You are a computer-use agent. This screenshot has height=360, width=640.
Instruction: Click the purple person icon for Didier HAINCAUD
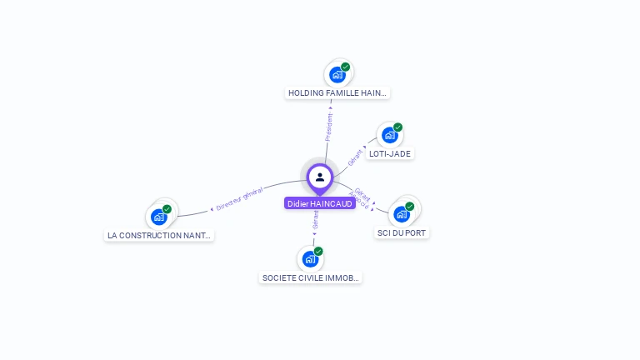(x=320, y=177)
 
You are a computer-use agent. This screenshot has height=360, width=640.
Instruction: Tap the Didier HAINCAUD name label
(x=320, y=203)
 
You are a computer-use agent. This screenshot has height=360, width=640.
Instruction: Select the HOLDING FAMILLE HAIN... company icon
(x=337, y=75)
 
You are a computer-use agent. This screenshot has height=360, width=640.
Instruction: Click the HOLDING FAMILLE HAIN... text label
(x=337, y=93)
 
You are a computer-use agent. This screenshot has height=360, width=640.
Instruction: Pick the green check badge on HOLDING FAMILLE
(x=345, y=67)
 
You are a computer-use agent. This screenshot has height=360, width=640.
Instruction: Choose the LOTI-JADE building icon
(x=389, y=135)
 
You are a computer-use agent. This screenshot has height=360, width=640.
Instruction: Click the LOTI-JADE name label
(x=391, y=154)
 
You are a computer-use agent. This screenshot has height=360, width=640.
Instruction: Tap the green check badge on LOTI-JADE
(x=397, y=127)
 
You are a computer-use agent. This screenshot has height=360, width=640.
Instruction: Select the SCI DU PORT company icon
(x=402, y=214)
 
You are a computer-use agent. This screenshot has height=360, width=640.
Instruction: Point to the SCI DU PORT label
(x=402, y=232)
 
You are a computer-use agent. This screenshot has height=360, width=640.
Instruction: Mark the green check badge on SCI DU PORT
(x=409, y=207)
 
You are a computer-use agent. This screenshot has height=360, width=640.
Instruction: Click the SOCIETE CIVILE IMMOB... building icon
(x=311, y=259)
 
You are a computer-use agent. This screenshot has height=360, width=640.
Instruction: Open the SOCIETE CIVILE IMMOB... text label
(x=311, y=277)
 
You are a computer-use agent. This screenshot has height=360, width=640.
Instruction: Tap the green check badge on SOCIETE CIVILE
(x=318, y=252)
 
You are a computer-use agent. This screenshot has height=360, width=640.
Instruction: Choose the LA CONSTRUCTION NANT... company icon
(x=159, y=217)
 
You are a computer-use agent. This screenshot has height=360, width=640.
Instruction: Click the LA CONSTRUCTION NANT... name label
(x=159, y=236)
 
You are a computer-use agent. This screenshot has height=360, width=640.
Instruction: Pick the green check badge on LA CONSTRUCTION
(x=167, y=209)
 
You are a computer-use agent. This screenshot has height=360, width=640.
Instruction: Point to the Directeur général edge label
(x=239, y=198)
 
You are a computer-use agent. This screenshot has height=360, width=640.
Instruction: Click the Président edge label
(x=328, y=127)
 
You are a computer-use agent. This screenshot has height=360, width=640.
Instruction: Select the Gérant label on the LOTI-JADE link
(x=355, y=157)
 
